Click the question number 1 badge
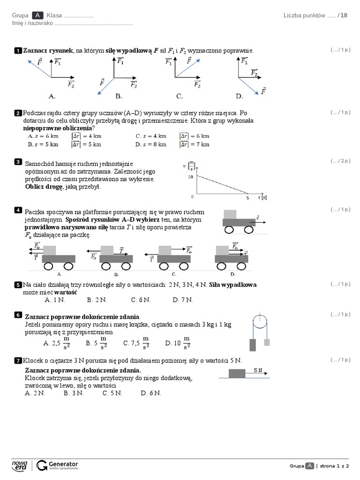click(x=18, y=51)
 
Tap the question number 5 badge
click(x=18, y=285)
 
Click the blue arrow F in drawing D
click(x=248, y=86)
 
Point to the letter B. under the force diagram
click(x=119, y=96)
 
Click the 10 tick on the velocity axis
click(x=190, y=177)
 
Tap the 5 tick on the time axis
click(x=247, y=198)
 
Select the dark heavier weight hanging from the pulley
click(x=253, y=345)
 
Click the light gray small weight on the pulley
click(x=267, y=342)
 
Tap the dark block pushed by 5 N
click(x=237, y=374)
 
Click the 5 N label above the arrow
click(x=258, y=370)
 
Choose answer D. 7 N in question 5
click(x=182, y=300)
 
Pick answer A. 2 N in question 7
click(x=35, y=393)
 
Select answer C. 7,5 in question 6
click(x=136, y=343)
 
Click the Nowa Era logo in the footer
click(x=20, y=465)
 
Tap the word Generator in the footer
click(x=63, y=464)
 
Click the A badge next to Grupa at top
click(x=37, y=15)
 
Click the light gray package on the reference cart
click(x=230, y=214)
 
